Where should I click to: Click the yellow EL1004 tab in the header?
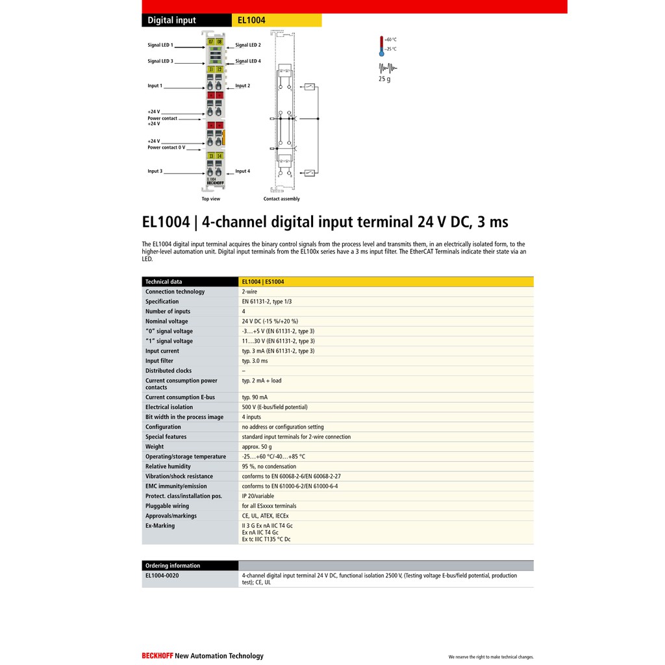pyautogui.click(x=276, y=20)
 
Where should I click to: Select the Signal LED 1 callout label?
pyautogui.click(x=160, y=45)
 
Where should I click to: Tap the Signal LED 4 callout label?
pyautogui.click(x=248, y=61)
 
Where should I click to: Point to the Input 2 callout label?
pyautogui.click(x=242, y=86)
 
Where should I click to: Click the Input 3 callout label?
pyautogui.click(x=155, y=171)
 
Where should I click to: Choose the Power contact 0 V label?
pyautogui.click(x=166, y=147)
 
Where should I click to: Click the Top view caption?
pyautogui.click(x=210, y=199)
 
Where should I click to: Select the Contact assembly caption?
pyautogui.click(x=281, y=199)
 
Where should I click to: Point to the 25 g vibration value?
pyautogui.click(x=384, y=79)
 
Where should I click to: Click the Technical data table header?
pyautogui.click(x=164, y=282)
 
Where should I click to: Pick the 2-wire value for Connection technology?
pyautogui.click(x=249, y=292)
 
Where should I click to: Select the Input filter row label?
pyautogui.click(x=159, y=361)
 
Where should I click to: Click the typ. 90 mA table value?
pyautogui.click(x=255, y=397)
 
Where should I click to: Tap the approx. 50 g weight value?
pyautogui.click(x=257, y=447)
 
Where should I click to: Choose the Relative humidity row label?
pyautogui.click(x=168, y=466)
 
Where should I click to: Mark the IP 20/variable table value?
pyautogui.click(x=258, y=496)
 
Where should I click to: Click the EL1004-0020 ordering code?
pyautogui.click(x=162, y=575)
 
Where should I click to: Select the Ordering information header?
pyautogui.click(x=173, y=566)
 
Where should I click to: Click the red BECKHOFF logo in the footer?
pyautogui.click(x=157, y=656)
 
